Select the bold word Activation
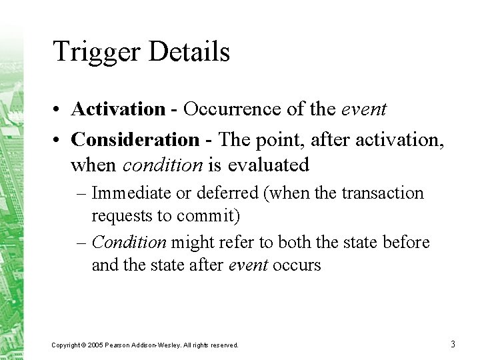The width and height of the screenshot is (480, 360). tap(118, 108)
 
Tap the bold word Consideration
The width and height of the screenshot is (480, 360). tap(135, 139)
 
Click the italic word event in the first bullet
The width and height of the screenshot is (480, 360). tap(364, 108)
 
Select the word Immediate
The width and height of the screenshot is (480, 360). tap(132, 193)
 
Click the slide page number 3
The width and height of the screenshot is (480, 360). tap(453, 344)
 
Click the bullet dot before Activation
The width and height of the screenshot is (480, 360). tap(59, 109)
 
